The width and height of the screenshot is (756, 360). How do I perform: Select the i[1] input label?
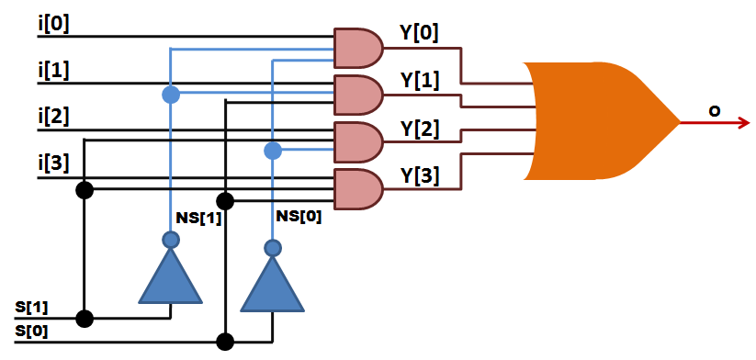click(x=52, y=71)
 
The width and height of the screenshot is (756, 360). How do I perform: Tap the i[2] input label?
click(x=52, y=118)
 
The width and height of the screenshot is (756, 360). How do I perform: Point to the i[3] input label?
click(x=52, y=164)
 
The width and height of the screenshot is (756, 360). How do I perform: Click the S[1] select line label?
click(x=32, y=306)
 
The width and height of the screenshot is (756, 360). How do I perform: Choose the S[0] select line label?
click(x=32, y=330)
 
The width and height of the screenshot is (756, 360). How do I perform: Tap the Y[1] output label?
click(x=420, y=81)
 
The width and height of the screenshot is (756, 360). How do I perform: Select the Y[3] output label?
click(x=420, y=174)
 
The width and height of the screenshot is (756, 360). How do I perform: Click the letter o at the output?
click(x=713, y=111)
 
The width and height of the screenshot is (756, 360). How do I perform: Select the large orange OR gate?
click(x=597, y=121)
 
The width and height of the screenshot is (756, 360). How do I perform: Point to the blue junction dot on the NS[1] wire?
click(x=170, y=95)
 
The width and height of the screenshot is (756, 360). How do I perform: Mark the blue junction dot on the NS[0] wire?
click(x=272, y=151)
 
